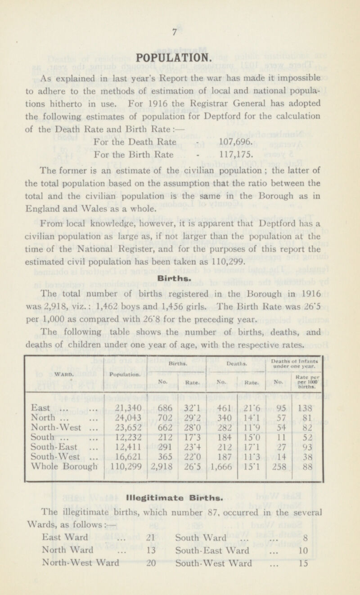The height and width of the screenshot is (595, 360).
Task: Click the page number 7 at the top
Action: [180, 33]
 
